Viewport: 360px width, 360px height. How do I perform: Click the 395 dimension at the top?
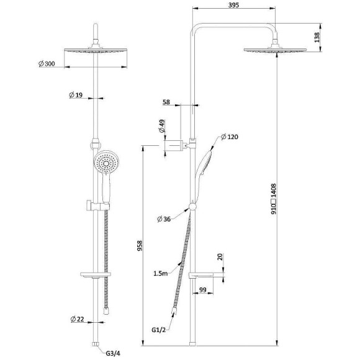pos(234,5)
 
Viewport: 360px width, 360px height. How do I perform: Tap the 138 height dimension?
pos(317,37)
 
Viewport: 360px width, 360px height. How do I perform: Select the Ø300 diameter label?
pos(47,63)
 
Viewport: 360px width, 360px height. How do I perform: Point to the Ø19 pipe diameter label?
pos(76,95)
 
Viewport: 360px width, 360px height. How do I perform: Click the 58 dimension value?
pos(166,102)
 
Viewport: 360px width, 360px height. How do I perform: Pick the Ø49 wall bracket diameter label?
pos(162,126)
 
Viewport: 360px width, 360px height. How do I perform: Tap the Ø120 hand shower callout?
pos(230,137)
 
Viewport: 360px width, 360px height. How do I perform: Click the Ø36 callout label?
pos(164,219)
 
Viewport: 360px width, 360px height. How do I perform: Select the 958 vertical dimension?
pos(140,246)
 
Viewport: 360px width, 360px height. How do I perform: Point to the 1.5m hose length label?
pos(161,273)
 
